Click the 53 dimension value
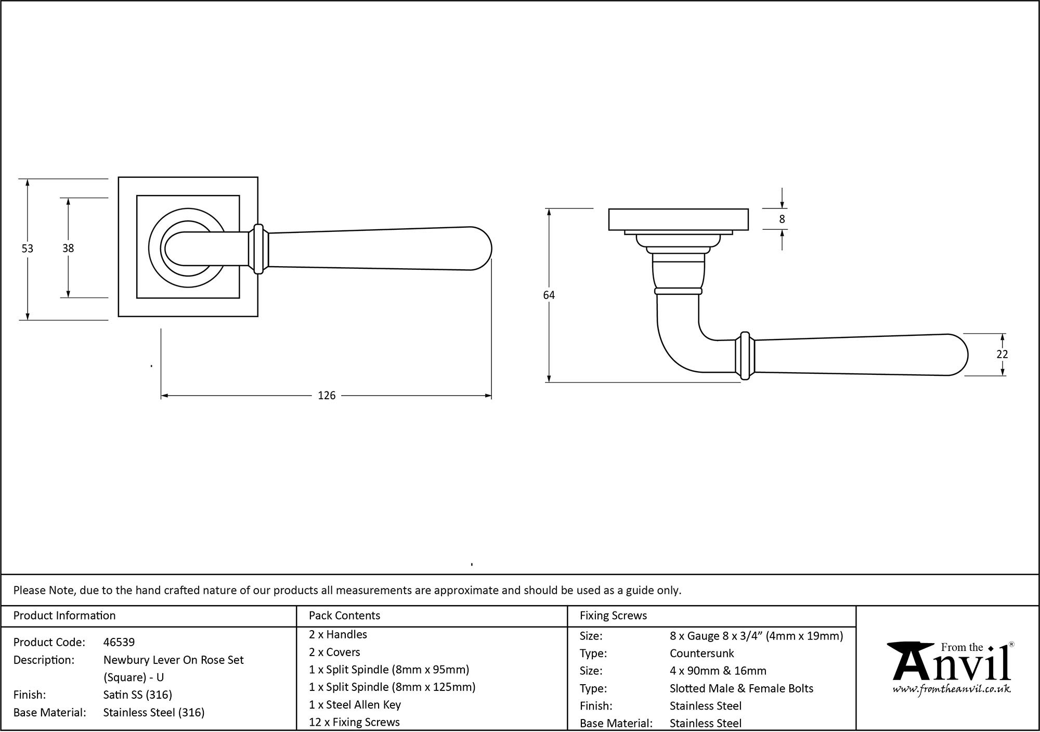coord(27,249)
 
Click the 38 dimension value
coord(68,249)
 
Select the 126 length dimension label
coord(327,396)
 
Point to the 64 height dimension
coord(549,295)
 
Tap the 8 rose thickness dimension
coord(782,219)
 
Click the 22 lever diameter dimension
coord(1002,355)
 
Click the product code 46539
coord(119,642)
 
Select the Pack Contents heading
coord(344,616)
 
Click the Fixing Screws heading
coord(613,616)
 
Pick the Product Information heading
coord(64,616)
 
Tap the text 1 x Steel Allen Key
coord(355,705)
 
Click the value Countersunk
coord(701,653)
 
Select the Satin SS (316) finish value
coord(137,695)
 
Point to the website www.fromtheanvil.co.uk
coord(952,689)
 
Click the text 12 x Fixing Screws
coord(354,722)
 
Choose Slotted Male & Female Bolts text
coord(741,689)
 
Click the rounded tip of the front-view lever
coord(484,249)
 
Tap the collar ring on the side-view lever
coord(745,356)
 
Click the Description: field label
coord(43,660)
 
